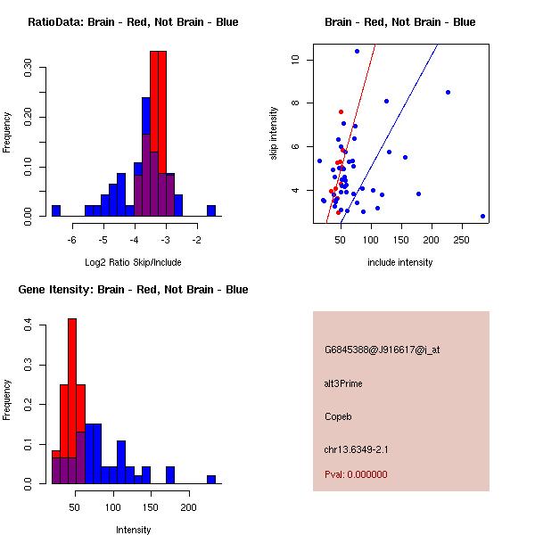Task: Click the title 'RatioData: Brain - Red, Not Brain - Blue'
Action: click(x=133, y=22)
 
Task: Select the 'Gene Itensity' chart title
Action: click(x=132, y=290)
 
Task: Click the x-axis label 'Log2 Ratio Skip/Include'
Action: click(x=133, y=262)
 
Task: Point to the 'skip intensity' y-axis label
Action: click(x=274, y=134)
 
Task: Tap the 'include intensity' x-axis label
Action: click(x=399, y=262)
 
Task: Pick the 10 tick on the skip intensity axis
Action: click(x=294, y=60)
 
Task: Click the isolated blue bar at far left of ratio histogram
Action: click(x=55, y=210)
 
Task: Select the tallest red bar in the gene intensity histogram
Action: click(x=72, y=401)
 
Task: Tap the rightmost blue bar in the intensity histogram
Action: click(x=211, y=479)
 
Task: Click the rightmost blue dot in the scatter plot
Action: click(x=482, y=216)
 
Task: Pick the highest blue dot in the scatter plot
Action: click(x=357, y=51)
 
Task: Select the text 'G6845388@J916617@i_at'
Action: click(x=382, y=350)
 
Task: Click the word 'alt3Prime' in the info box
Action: click(x=343, y=384)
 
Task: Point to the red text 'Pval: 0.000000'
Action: click(x=356, y=474)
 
